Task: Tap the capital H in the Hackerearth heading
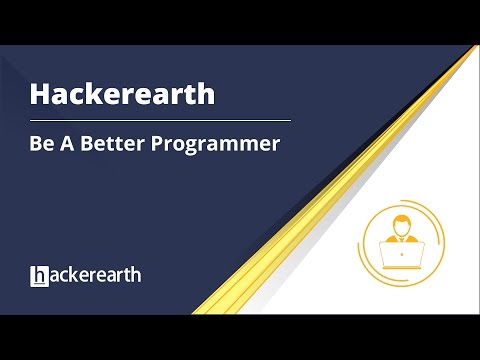(39, 93)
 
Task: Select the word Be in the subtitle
(42, 143)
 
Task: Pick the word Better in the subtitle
(111, 143)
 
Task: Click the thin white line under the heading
(160, 120)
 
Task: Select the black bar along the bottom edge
(240, 337)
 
